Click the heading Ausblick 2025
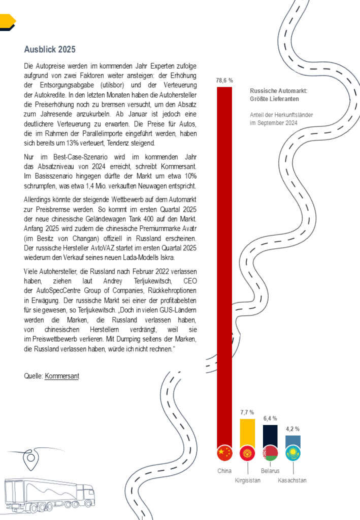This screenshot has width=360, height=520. coord(50,49)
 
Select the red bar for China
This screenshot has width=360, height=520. coord(224,264)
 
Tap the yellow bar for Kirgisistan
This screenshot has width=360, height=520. coord(247,432)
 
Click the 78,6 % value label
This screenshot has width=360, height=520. coord(224,80)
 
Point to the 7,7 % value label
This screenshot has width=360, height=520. coord(247,412)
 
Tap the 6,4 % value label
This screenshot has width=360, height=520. coord(270,418)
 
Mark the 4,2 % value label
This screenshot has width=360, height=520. coord(293,429)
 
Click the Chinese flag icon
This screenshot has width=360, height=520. coord(224,453)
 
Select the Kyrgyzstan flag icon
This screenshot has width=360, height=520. coord(247,453)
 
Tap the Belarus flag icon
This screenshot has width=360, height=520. coord(270,453)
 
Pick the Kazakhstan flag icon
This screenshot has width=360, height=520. coord(293,453)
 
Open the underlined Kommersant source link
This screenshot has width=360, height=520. coord(61,376)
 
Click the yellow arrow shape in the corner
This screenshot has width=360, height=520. coord(7,21)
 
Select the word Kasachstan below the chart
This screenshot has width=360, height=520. coord(292,480)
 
